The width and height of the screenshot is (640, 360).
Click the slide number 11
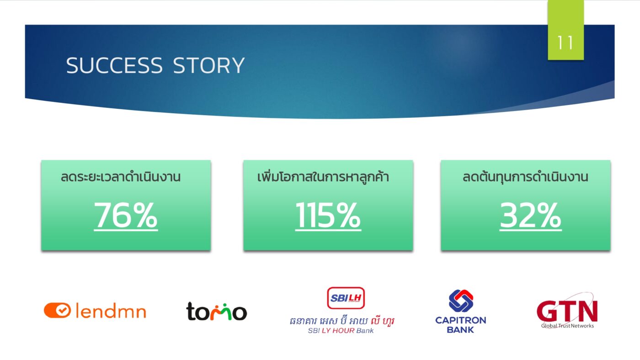[x=565, y=42]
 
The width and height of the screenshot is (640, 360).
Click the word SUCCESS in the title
[x=114, y=66]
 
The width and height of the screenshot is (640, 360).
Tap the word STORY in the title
[x=209, y=66]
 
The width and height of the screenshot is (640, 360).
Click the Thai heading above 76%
[x=121, y=177]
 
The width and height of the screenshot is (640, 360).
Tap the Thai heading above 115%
[x=323, y=177]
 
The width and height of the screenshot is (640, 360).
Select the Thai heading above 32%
[x=525, y=177]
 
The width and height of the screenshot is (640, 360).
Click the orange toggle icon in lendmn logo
[x=58, y=311]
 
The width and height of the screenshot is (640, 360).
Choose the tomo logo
[x=216, y=312]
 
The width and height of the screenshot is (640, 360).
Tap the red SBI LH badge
[x=346, y=298]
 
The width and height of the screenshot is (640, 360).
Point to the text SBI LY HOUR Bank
[x=341, y=331]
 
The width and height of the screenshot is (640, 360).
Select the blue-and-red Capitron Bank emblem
[x=460, y=301]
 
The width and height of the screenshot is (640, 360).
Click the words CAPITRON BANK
[x=460, y=325]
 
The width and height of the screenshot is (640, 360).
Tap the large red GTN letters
[x=567, y=312]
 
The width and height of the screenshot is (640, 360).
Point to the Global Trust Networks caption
[x=567, y=326]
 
